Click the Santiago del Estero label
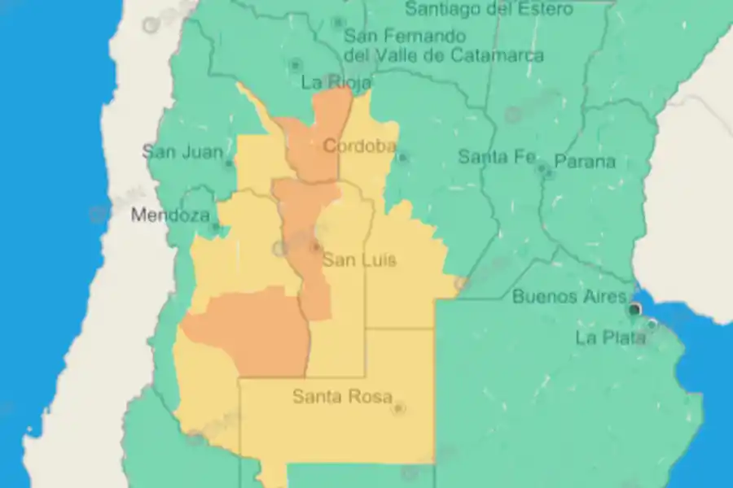(489, 9)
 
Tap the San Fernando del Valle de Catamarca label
(444, 46)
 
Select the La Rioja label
(336, 82)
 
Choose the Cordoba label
(359, 146)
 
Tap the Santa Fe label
(496, 157)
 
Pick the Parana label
(585, 161)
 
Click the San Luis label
(359, 260)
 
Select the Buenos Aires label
(569, 297)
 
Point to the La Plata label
(611, 338)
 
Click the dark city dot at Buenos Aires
(634, 309)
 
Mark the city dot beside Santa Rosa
(398, 407)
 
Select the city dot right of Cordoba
(402, 156)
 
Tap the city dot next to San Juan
(229, 163)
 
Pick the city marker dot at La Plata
(652, 325)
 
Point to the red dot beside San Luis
(315, 245)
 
